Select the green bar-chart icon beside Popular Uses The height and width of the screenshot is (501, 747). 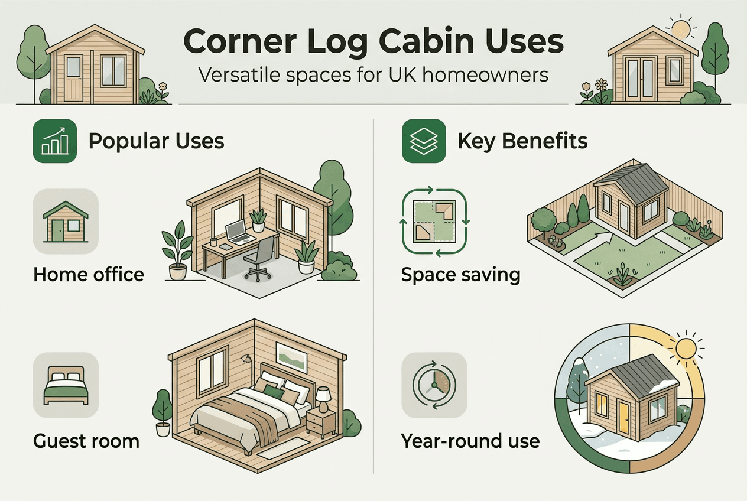[x=55, y=141]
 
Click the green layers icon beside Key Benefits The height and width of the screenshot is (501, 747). [x=424, y=141]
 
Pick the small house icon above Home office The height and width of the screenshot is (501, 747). [x=66, y=222]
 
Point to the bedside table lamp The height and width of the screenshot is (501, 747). [x=323, y=398]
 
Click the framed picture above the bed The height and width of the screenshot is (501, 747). [x=291, y=357]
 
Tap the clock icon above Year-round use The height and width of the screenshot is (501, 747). [x=434, y=385]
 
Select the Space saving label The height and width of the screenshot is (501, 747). [x=460, y=275]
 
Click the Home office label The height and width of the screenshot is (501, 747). [x=89, y=274]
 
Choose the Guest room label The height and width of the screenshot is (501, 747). [x=86, y=441]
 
